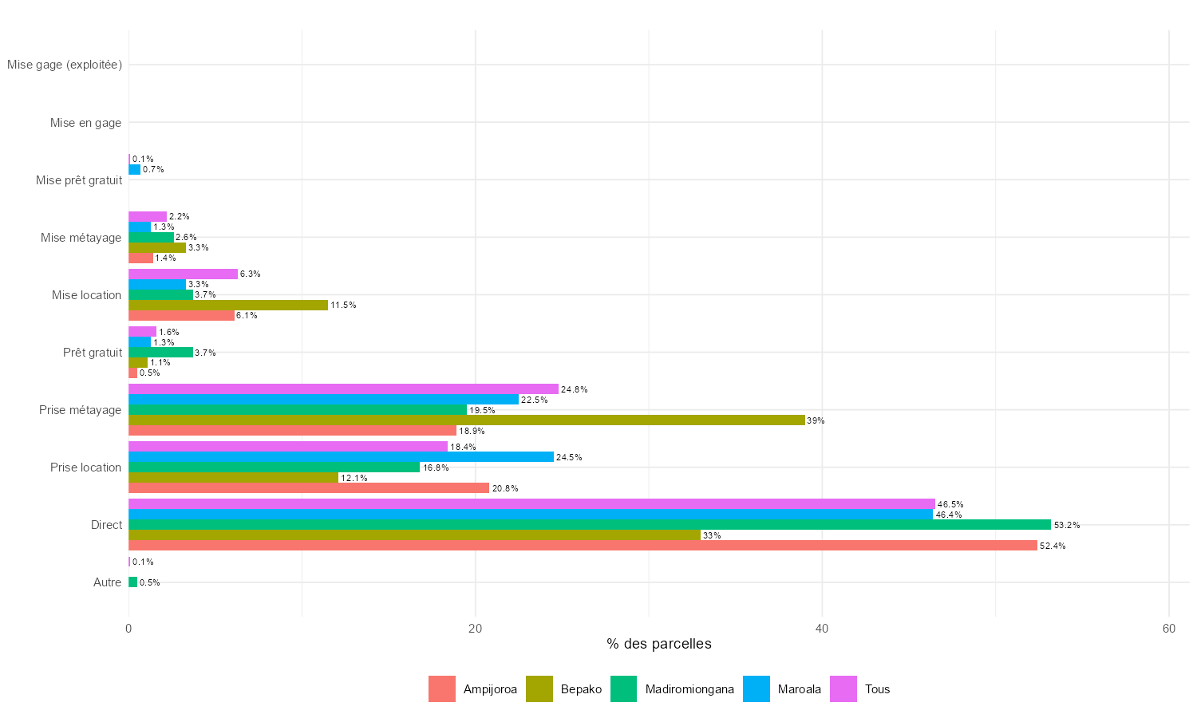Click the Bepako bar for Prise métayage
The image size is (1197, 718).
pyautogui.click(x=467, y=420)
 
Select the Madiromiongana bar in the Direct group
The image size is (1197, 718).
pyautogui.click(x=590, y=525)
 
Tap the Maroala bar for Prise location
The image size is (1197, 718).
pyautogui.click(x=341, y=457)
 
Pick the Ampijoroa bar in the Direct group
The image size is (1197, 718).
pyautogui.click(x=583, y=546)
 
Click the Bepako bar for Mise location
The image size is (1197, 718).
pyautogui.click(x=228, y=305)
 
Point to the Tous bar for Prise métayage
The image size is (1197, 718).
pyautogui.click(x=343, y=389)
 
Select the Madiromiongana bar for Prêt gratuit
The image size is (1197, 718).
pyautogui.click(x=160, y=352)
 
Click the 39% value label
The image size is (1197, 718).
pyautogui.click(x=816, y=420)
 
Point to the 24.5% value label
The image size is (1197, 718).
pyautogui.click(x=569, y=457)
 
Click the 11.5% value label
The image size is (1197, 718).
pyautogui.click(x=343, y=305)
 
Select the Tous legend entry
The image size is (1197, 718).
pyautogui.click(x=860, y=689)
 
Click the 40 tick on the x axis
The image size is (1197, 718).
pyautogui.click(x=822, y=629)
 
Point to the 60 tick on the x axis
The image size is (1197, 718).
pyautogui.click(x=1168, y=629)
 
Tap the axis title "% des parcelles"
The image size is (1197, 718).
pyautogui.click(x=658, y=644)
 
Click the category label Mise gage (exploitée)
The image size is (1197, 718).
pyautogui.click(x=65, y=65)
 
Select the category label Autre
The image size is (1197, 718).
pyautogui.click(x=107, y=582)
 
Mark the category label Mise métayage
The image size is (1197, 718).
pyautogui.click(x=81, y=238)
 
